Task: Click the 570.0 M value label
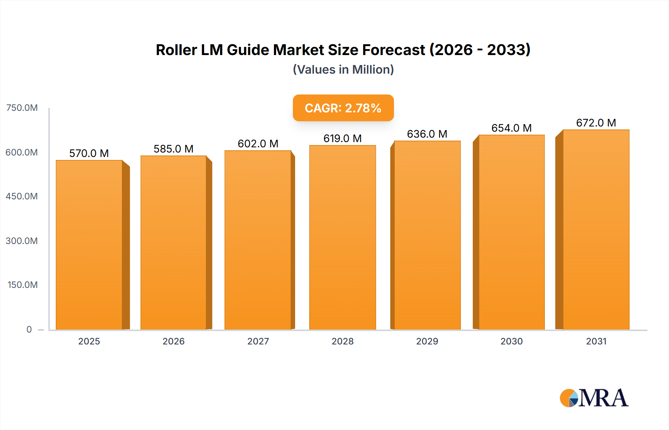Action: [89, 153]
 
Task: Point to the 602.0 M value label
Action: [258, 144]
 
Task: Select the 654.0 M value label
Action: [511, 128]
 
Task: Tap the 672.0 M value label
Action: [596, 123]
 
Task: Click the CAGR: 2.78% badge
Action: [343, 108]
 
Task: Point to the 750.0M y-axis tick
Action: [22, 108]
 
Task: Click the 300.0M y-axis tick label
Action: [22, 241]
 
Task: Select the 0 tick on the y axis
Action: [29, 329]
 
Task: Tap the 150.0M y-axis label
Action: [23, 285]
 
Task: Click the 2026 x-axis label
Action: [174, 341]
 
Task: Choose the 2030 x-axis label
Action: [511, 341]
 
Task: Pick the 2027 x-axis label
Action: [258, 341]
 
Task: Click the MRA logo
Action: [594, 398]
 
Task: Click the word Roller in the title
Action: [176, 50]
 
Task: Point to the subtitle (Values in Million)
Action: [343, 70]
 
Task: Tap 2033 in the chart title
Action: [508, 50]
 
